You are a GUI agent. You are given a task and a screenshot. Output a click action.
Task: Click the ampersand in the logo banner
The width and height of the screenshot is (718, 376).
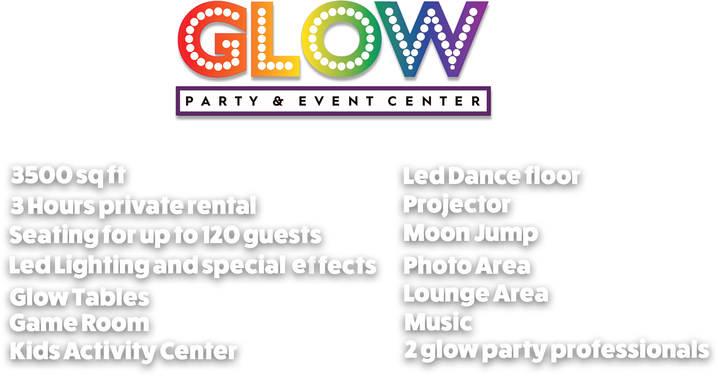tap(278, 101)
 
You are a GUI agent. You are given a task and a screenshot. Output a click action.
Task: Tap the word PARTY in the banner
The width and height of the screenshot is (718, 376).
tap(222, 101)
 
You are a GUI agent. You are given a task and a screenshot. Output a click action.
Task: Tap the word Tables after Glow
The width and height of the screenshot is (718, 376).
tap(111, 297)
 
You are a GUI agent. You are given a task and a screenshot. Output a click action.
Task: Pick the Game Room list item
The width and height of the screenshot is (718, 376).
tap(79, 323)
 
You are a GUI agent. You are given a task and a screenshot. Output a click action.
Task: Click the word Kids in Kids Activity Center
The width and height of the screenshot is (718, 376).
tap(35, 352)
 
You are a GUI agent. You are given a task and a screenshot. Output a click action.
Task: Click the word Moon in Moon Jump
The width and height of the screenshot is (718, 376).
tap(437, 233)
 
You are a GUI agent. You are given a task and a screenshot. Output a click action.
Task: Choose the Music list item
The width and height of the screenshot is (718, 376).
tap(438, 322)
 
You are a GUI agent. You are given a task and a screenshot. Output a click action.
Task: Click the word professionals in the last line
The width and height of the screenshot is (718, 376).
tap(630, 350)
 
